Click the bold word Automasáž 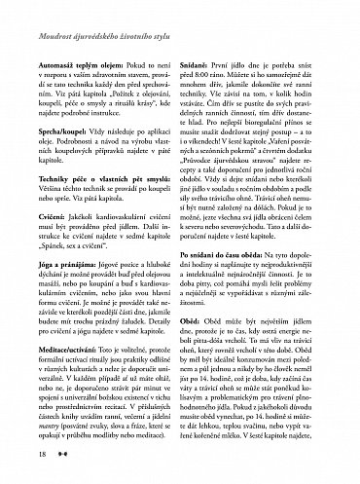(36, 59)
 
